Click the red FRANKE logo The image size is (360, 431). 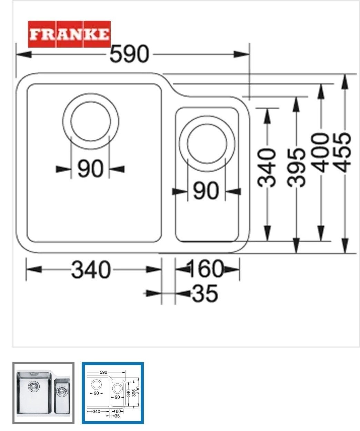coord(69,34)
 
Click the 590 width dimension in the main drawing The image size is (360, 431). coord(129,54)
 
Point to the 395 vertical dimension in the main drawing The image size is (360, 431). coord(296,168)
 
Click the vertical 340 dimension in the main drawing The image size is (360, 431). coord(267,168)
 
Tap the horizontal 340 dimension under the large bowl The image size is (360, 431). coord(91,270)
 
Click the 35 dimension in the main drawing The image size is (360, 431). coord(205,293)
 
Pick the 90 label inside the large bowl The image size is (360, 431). coord(90,169)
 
